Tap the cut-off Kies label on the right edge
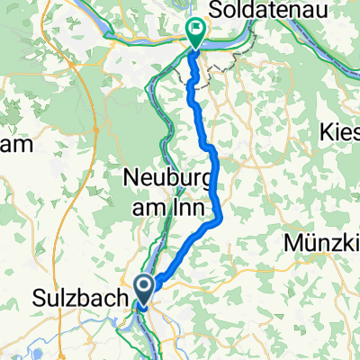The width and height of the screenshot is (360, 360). tap(339, 132)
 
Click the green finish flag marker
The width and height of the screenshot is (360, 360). tap(195, 32)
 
